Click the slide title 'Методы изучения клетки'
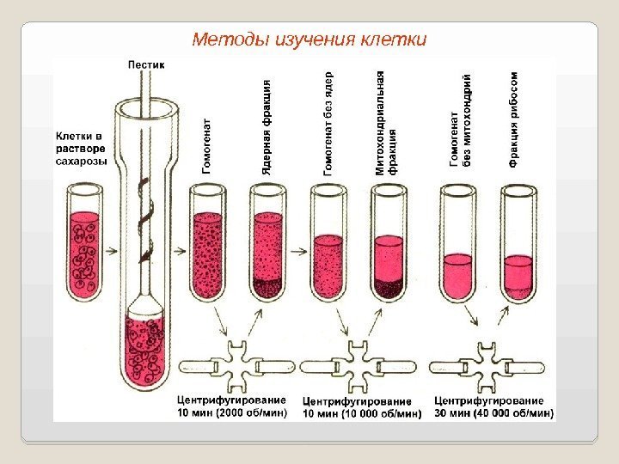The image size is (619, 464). coord(309,40)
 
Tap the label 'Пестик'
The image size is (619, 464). coord(147,65)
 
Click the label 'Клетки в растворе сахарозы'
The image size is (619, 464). coord(82,148)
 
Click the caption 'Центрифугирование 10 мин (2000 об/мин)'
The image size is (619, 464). coord(230,406)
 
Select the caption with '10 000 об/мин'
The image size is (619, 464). coord(362,406)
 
